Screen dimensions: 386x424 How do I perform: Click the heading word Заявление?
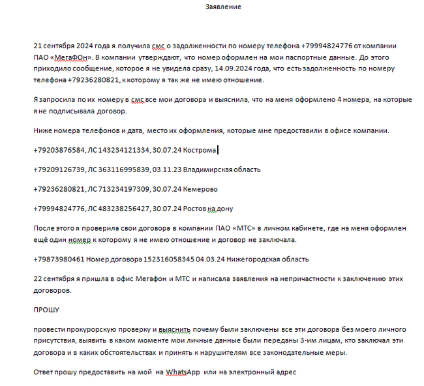223,7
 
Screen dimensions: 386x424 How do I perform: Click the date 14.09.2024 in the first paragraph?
179,68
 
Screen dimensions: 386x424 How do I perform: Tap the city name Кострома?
200,150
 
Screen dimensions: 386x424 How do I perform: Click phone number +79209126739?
59,170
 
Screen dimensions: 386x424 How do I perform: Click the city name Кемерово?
200,189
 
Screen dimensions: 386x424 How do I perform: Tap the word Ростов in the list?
196,209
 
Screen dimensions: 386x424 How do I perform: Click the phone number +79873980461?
59,259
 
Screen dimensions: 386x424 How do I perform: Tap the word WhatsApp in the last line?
183,372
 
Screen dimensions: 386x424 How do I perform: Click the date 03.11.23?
166,170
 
